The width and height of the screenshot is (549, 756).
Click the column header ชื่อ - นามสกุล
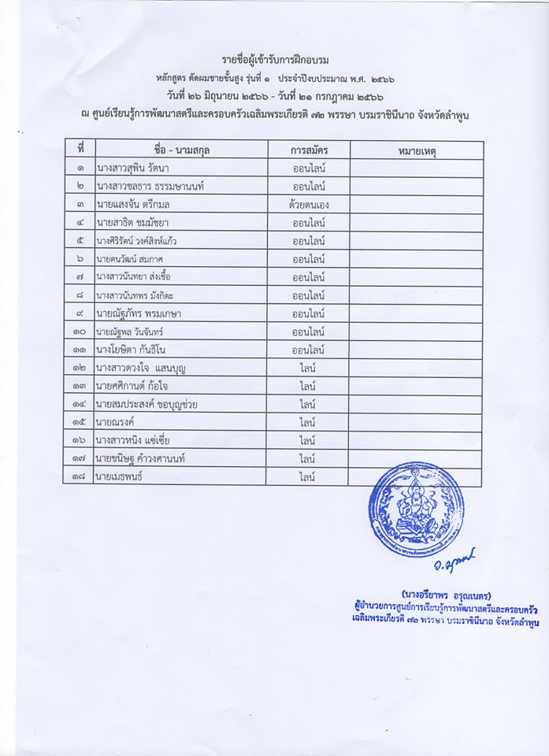181,149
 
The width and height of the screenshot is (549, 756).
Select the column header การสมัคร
309,149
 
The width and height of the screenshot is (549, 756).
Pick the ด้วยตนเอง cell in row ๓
309,205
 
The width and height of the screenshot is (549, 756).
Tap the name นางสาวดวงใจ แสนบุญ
140,368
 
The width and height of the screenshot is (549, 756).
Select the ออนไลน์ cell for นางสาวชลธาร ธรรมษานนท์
309,187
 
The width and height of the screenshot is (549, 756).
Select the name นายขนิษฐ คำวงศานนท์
144,458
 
